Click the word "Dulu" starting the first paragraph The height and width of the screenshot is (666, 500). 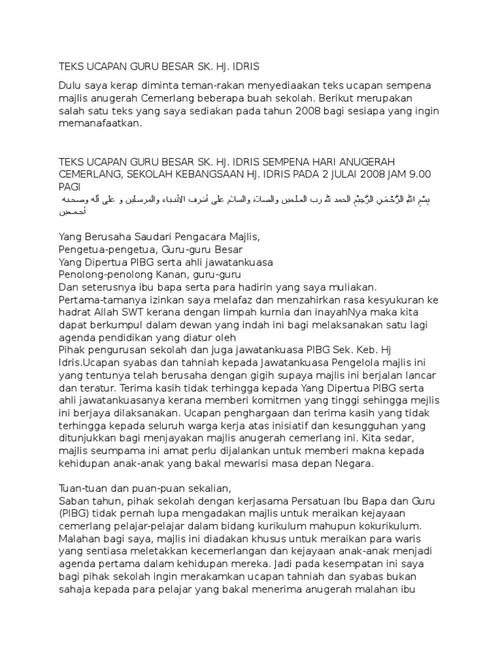(x=71, y=86)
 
